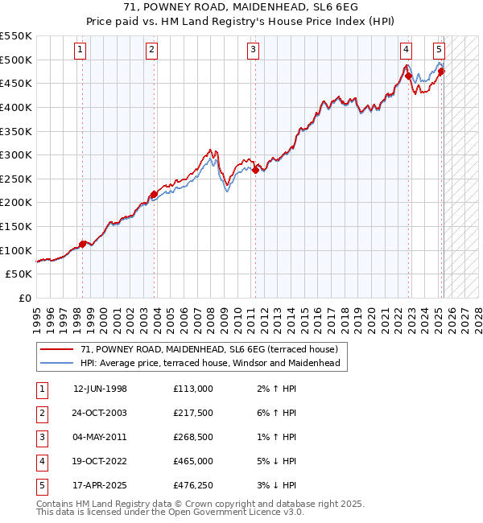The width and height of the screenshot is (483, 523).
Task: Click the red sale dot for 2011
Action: pyautogui.click(x=255, y=170)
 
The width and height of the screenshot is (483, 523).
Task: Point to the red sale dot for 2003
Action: pyautogui.click(x=153, y=194)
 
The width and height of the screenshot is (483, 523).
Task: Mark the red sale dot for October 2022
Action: pyautogui.click(x=408, y=76)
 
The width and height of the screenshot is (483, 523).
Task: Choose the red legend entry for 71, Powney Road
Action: pyautogui.click(x=214, y=349)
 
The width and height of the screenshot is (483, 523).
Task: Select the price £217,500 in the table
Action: pyautogui.click(x=193, y=413)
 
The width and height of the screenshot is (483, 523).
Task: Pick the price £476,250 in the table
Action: pyautogui.click(x=193, y=485)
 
